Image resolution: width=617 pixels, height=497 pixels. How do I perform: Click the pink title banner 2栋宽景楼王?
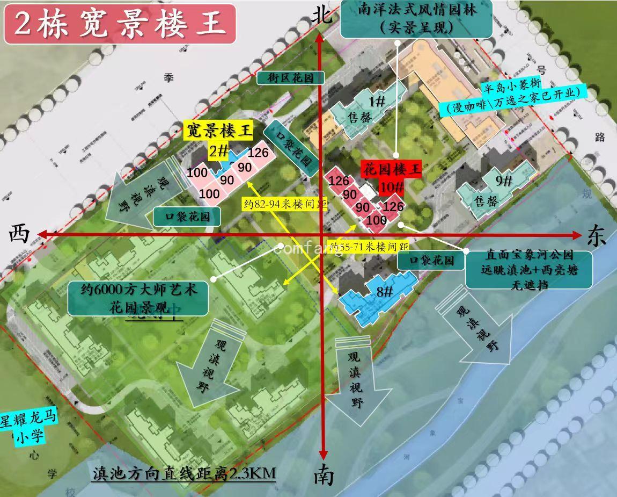pyautogui.click(x=120, y=24)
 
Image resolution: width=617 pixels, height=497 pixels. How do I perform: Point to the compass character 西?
pyautogui.click(x=20, y=234)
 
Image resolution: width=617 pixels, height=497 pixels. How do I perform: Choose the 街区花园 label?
pyautogui.click(x=290, y=78)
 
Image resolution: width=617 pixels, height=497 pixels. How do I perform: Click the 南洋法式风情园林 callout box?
pyautogui.click(x=416, y=18)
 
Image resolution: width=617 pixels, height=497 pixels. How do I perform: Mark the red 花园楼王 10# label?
pyautogui.click(x=392, y=178)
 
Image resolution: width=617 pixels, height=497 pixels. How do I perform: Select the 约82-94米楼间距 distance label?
pyautogui.click(x=284, y=204)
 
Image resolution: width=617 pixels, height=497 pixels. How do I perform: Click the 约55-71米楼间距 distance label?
pyautogui.click(x=369, y=247)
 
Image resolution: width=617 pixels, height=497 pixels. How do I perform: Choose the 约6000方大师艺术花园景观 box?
pyautogui.click(x=138, y=298)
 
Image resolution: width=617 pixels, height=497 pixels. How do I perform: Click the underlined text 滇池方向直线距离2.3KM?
pyautogui.click(x=184, y=473)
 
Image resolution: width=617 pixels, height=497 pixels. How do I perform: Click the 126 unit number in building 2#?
pyautogui.click(x=258, y=153)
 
